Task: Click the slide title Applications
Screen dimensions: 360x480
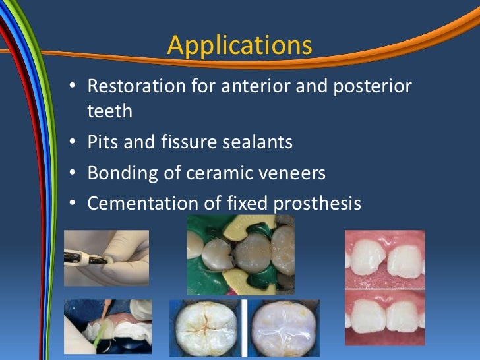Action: pos(239,45)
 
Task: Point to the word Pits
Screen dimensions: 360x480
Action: pos(104,142)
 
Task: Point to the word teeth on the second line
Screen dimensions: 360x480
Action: pos(109,111)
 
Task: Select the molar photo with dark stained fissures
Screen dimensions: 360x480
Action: pos(205,329)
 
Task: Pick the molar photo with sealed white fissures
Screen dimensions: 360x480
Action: pos(284,329)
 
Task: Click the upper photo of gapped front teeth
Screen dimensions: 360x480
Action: pos(385,259)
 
